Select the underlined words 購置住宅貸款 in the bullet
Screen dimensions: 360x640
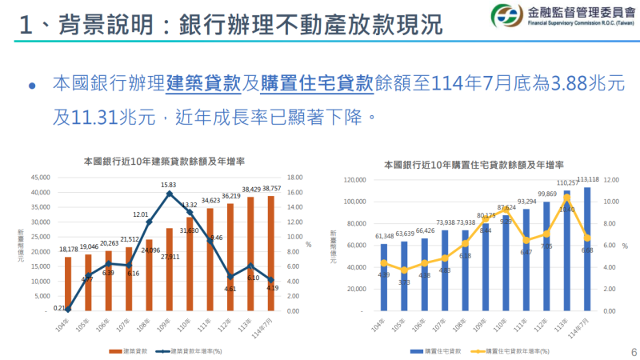tap(318, 83)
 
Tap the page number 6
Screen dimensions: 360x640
tap(632, 350)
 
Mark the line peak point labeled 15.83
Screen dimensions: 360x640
tap(169, 193)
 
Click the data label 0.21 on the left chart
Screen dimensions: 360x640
tap(60, 307)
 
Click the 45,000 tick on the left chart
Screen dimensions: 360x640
tap(39, 178)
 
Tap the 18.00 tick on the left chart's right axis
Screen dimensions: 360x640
tap(294, 178)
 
